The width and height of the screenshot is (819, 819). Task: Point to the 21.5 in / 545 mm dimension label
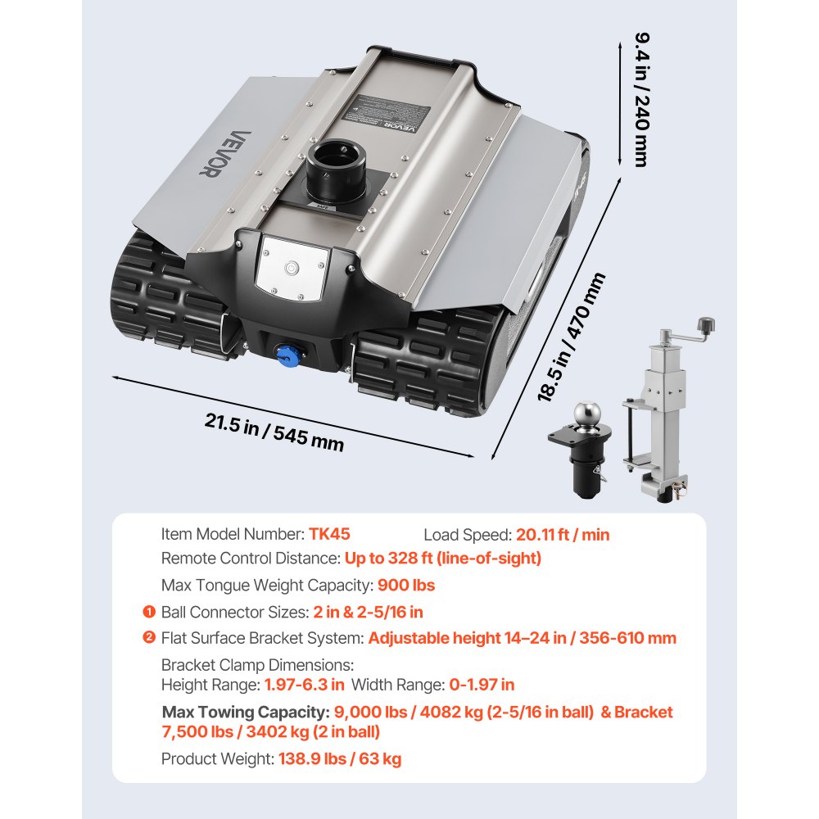[x=274, y=432]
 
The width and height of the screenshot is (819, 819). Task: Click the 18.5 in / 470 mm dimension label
[x=572, y=337]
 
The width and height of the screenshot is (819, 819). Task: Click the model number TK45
[x=329, y=534]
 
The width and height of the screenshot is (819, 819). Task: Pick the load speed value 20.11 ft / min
[x=563, y=535]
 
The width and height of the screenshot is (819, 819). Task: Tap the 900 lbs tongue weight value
[x=405, y=586]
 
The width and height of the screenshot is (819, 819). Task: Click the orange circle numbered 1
[x=148, y=612]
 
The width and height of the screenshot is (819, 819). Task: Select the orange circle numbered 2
[x=148, y=637]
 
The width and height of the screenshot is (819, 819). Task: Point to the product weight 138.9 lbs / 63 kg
[x=340, y=759]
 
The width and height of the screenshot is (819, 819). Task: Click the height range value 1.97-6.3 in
[x=304, y=685]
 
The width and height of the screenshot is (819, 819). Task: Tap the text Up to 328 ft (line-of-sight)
[x=443, y=559]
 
